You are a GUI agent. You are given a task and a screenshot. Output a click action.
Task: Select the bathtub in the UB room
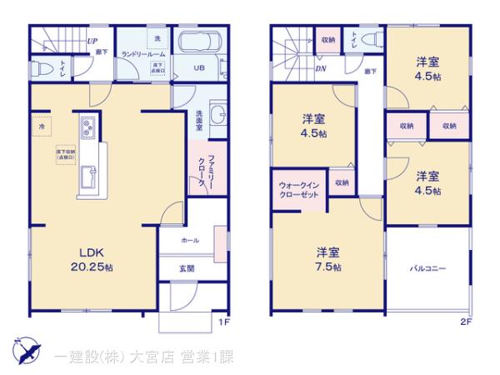coord(202,43)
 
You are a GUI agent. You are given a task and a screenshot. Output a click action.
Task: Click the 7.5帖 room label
coord(327,259)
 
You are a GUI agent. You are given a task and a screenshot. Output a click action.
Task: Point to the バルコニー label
coord(427,269)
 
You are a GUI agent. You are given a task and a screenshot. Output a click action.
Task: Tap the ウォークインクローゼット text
coord(297,188)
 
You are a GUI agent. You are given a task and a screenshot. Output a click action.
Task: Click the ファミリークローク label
coord(212,172)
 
